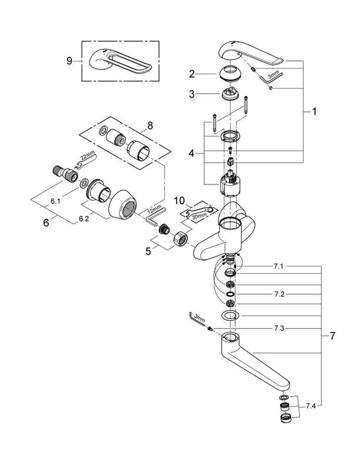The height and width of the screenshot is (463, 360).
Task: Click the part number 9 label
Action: [69, 60]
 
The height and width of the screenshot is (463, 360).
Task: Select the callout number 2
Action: [191, 74]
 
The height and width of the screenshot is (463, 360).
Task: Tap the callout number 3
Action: [191, 94]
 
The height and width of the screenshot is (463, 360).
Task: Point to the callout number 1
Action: [314, 112]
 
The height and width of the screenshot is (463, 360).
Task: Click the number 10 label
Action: [178, 200]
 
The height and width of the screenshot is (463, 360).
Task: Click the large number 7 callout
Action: [332, 336]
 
